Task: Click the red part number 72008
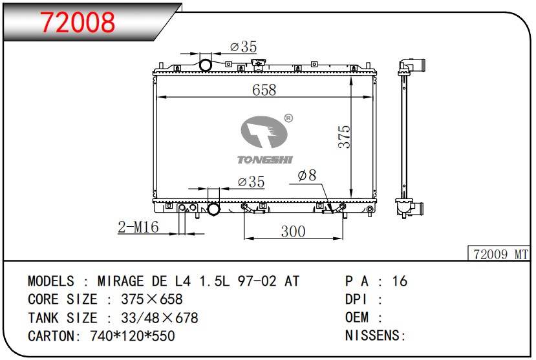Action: coord(78,22)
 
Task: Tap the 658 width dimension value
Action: coord(264,90)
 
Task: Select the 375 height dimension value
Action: coord(344,136)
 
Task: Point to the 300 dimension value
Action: coord(293,231)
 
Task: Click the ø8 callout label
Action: coord(307,175)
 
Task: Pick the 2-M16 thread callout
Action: coord(138,227)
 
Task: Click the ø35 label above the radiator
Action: coord(243,47)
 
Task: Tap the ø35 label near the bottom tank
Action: coord(252,182)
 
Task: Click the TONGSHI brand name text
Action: coord(265,160)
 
